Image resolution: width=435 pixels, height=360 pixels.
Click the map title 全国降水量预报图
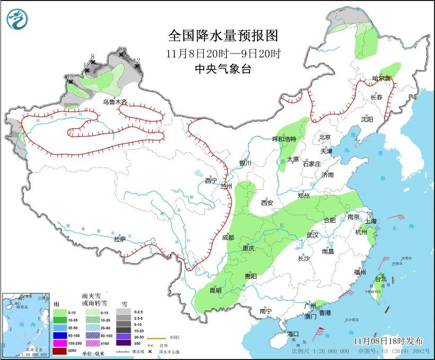223,36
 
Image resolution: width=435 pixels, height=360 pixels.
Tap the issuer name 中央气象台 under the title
223,69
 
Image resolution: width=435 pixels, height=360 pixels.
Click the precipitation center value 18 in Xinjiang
70,77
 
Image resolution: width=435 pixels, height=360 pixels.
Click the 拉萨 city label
120,239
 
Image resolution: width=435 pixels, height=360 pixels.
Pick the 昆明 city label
215,290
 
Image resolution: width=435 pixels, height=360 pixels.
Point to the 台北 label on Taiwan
381,278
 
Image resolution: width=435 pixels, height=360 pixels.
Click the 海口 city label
293,333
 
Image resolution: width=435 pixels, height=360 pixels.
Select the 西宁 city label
211,181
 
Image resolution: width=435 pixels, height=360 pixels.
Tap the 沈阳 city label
367,119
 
